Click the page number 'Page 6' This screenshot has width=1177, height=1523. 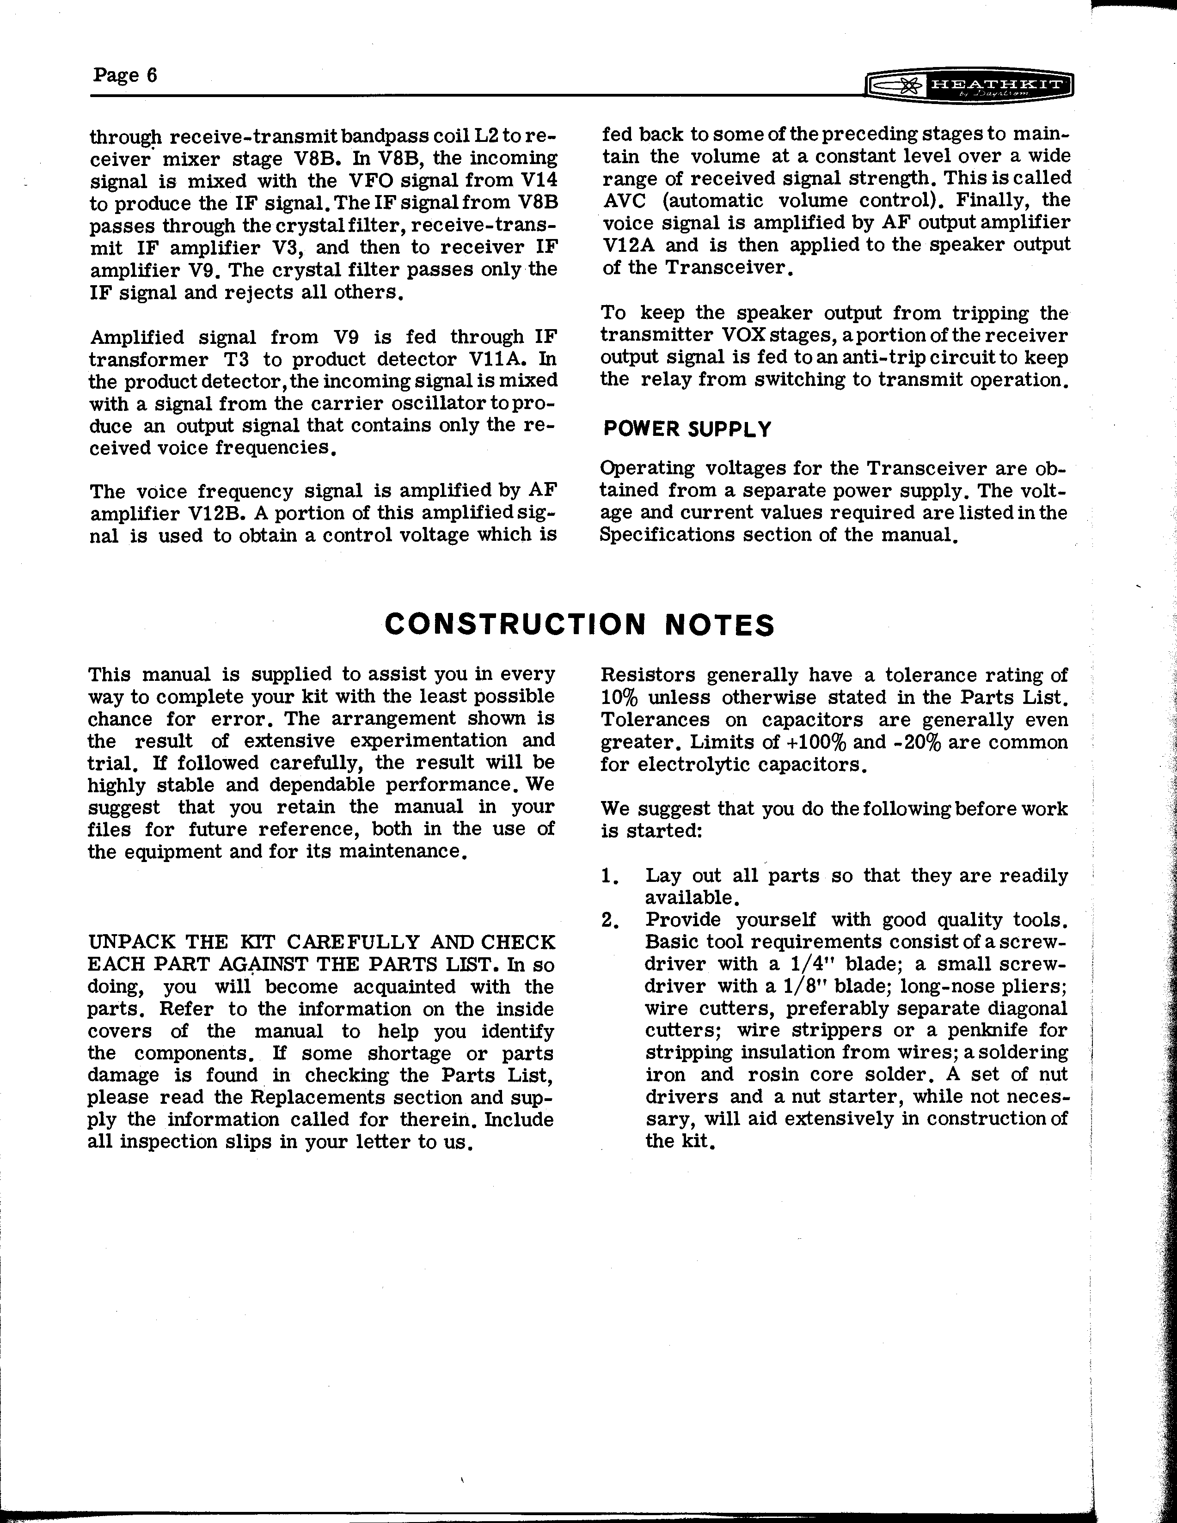coord(125,74)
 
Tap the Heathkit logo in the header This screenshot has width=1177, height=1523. coord(968,86)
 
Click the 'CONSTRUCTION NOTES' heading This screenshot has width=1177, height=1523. coord(579,625)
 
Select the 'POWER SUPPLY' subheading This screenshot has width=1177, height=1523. coord(687,429)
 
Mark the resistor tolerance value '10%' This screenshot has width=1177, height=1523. coord(619,698)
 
